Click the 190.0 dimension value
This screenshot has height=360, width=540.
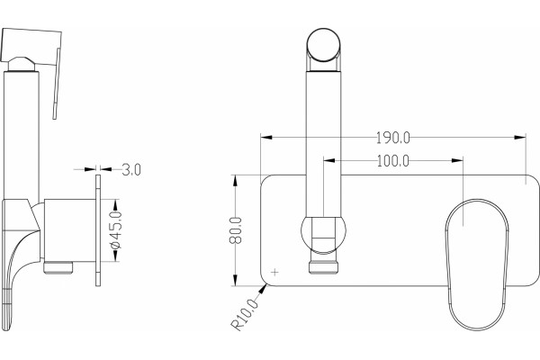click(x=393, y=138)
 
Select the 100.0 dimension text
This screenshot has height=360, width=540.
click(x=393, y=160)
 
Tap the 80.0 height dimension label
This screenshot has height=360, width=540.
click(x=236, y=230)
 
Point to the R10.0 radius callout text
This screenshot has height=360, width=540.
click(x=244, y=315)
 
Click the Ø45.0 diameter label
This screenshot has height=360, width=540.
click(x=116, y=230)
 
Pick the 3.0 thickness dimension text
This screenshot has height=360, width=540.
click(x=131, y=170)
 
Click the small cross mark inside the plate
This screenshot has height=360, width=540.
click(x=274, y=272)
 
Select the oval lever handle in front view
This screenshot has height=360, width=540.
click(x=477, y=265)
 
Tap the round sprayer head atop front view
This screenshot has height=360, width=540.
click(x=324, y=45)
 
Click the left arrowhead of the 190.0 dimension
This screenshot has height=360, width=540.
click(x=266, y=138)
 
